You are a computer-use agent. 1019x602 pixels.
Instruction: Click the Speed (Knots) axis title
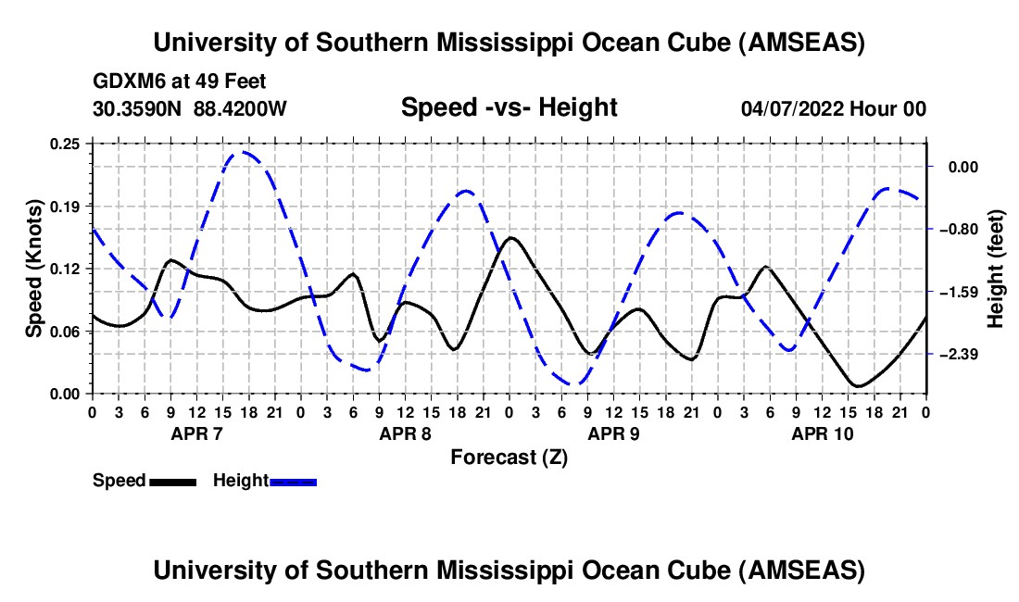pyautogui.click(x=33, y=269)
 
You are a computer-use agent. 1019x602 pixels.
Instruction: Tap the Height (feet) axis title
pyautogui.click(x=997, y=269)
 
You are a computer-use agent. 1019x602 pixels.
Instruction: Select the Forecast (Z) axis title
pyautogui.click(x=509, y=457)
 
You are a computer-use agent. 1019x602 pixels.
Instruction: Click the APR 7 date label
pyautogui.click(x=195, y=433)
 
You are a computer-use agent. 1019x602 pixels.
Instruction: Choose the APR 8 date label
pyautogui.click(x=404, y=433)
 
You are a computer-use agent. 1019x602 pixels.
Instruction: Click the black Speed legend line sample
pyautogui.click(x=172, y=482)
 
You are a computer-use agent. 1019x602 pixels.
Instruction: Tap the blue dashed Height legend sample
pyautogui.click(x=293, y=482)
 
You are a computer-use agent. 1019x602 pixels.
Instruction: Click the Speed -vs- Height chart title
pyautogui.click(x=509, y=108)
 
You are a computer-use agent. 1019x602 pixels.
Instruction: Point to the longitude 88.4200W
pyautogui.click(x=240, y=109)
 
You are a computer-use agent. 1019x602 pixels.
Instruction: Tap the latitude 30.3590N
pyautogui.click(x=139, y=109)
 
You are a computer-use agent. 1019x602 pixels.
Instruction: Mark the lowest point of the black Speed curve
pyautogui.click(x=858, y=386)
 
